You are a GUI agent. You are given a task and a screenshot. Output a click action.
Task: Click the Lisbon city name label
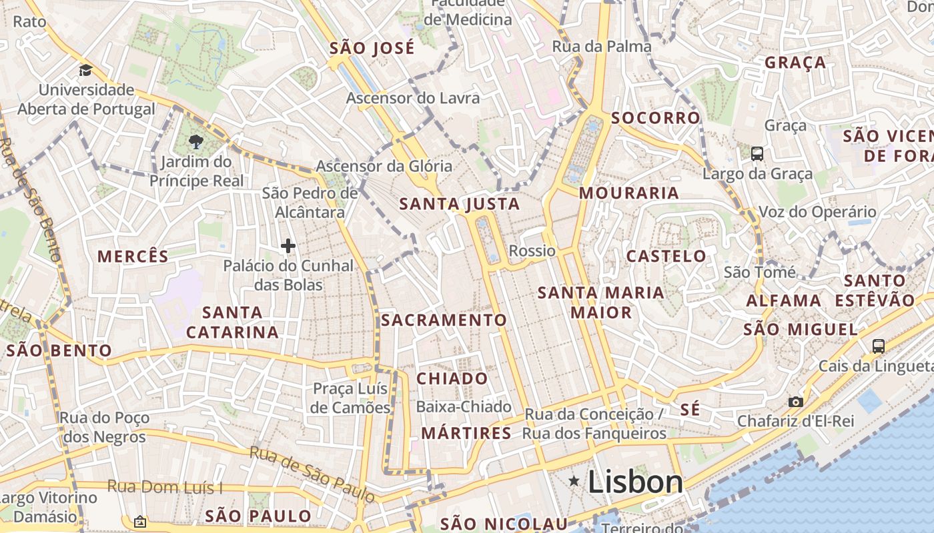pyautogui.click(x=635, y=482)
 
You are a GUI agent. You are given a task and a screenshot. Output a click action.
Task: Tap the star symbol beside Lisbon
pyautogui.click(x=574, y=480)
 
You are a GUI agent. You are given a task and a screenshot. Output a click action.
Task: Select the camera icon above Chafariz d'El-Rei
pyautogui.click(x=795, y=402)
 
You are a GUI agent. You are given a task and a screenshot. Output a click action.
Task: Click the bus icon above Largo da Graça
pyautogui.click(x=757, y=154)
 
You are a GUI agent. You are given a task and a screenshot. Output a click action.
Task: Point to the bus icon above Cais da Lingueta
pyautogui.click(x=879, y=346)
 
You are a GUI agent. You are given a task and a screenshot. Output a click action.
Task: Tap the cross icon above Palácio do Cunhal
pyautogui.click(x=288, y=247)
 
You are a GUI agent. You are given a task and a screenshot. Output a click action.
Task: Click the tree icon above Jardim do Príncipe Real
pyautogui.click(x=196, y=141)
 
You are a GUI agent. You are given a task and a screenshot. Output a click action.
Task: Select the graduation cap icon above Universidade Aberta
pyautogui.click(x=85, y=70)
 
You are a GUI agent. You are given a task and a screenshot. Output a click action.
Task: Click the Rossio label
pyautogui.click(x=532, y=251)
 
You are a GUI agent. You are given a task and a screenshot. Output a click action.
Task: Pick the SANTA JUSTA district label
pyautogui.click(x=459, y=204)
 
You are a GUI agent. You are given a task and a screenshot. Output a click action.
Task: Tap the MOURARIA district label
pyautogui.click(x=628, y=193)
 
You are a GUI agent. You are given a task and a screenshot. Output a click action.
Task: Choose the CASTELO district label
pyautogui.click(x=666, y=256)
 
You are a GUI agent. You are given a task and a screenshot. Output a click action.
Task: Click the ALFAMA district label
pyautogui.click(x=783, y=300)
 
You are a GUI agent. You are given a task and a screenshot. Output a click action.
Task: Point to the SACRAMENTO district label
pyautogui.click(x=444, y=320)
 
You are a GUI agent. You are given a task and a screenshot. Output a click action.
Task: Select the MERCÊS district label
pyautogui.click(x=133, y=257)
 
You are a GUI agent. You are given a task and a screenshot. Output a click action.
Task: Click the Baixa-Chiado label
pyautogui.click(x=464, y=406)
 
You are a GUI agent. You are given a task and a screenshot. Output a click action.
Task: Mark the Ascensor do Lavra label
pyautogui.click(x=412, y=98)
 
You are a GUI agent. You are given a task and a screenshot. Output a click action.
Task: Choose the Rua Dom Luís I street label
pyautogui.click(x=165, y=487)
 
